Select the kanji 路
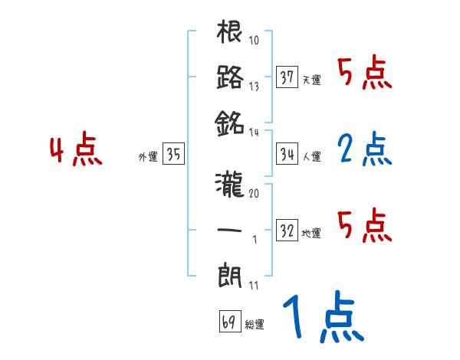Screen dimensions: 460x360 point(229,77)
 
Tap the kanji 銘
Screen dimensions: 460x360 point(229,122)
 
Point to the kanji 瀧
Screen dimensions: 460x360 point(229,184)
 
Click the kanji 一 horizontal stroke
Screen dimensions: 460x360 point(229,229)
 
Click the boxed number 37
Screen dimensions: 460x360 point(287,77)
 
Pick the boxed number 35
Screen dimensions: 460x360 point(173,154)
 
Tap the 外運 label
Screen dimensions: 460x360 point(147,157)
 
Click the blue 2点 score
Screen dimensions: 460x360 point(364,150)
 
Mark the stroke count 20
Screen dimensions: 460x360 point(254,193)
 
